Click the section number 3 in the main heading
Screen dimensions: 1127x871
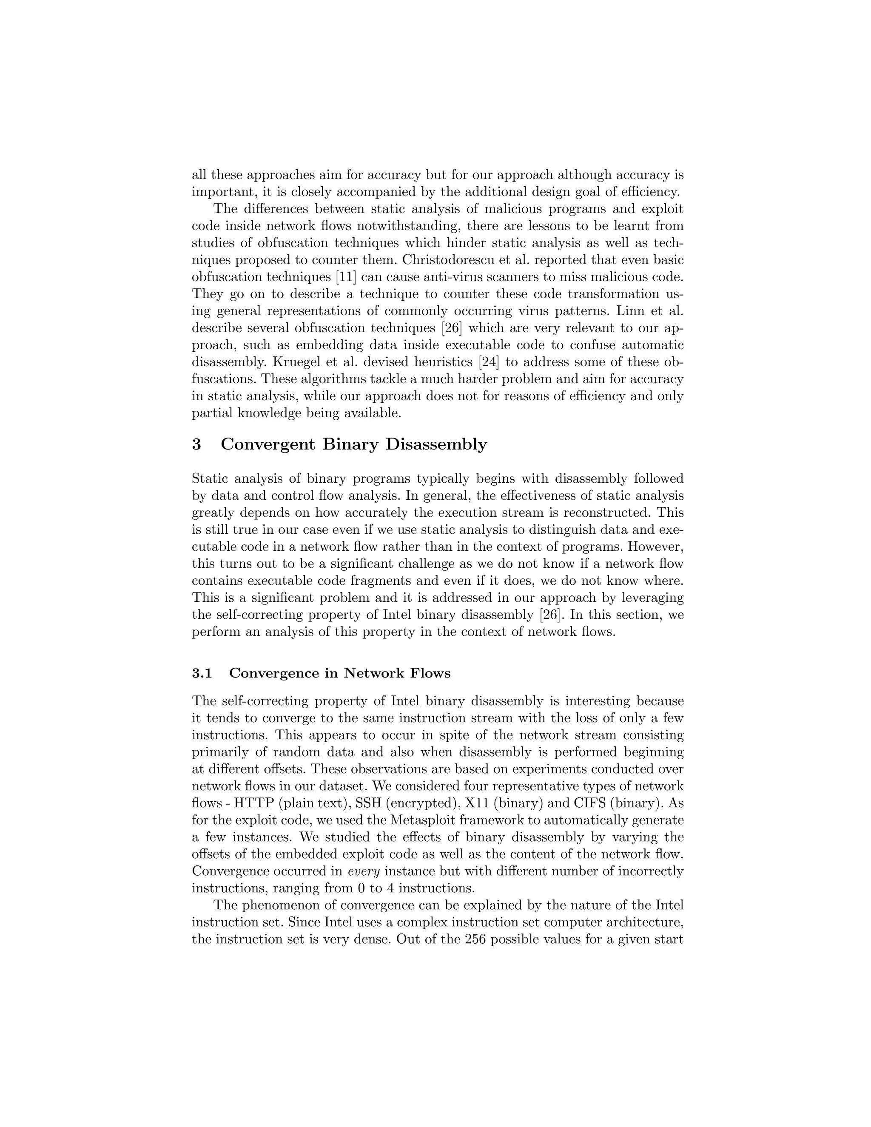(196, 444)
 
